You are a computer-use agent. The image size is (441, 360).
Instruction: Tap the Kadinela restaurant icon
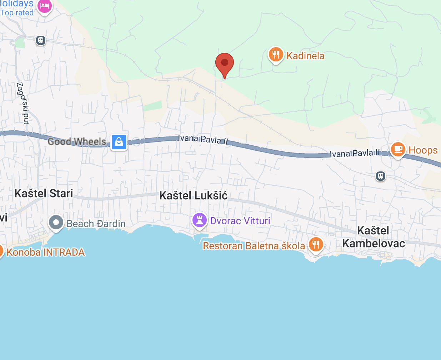point(276,55)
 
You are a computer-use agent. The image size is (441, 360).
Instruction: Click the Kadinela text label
point(305,56)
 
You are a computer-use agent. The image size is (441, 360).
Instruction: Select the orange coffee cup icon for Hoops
point(398,149)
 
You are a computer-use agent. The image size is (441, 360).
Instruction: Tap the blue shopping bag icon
point(119,142)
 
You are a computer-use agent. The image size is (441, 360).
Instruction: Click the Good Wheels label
point(77,142)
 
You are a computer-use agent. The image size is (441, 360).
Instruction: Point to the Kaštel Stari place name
point(44,193)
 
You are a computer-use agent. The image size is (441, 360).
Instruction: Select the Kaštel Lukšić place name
point(193,195)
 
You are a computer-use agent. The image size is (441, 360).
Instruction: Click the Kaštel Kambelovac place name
point(374,237)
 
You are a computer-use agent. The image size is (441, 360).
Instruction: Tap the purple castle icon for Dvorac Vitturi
point(200,220)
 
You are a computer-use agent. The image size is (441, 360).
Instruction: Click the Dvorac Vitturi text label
point(240,221)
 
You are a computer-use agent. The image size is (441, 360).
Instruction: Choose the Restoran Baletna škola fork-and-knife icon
point(316,245)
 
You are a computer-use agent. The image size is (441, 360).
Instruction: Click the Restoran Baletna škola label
point(254,246)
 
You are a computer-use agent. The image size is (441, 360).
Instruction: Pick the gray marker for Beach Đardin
point(56,222)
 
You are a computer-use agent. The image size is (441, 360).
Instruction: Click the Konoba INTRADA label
point(46,252)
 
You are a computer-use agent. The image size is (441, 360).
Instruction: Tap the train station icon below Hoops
point(381,176)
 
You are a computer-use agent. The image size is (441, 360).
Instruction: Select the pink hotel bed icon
point(45,6)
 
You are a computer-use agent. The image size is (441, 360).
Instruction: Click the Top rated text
point(17,13)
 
